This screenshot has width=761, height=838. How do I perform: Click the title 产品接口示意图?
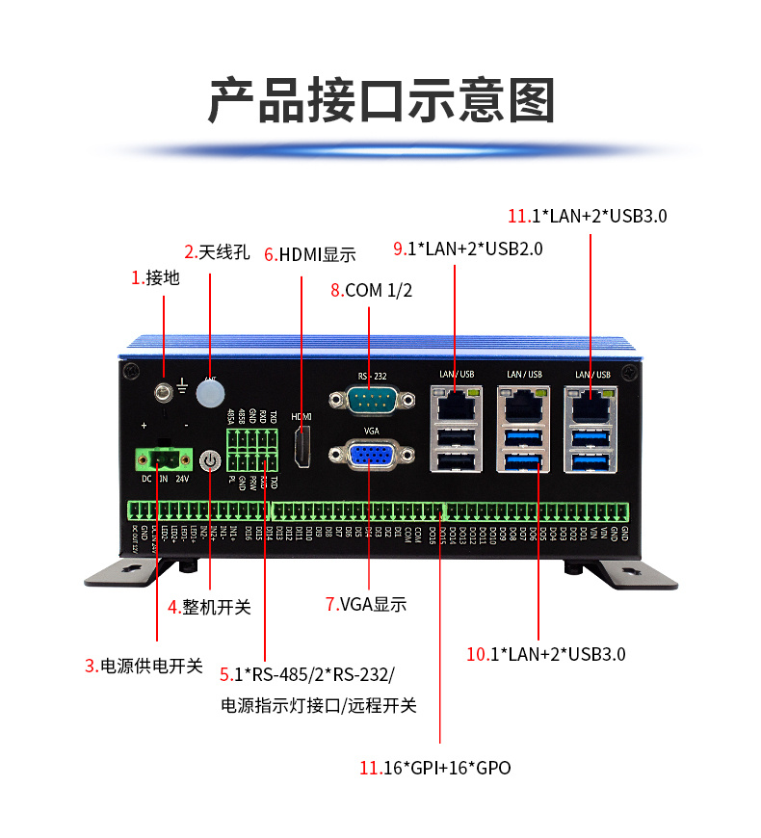pos(380,98)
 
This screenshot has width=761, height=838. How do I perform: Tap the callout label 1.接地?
pos(155,278)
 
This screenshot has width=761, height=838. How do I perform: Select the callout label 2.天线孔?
pos(217,253)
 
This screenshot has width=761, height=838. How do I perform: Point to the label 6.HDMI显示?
pos(309,254)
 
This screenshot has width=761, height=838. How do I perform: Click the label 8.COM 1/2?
pos(371,290)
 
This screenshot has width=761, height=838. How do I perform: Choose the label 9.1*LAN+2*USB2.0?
pos(468,249)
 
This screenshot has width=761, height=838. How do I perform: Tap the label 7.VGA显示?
pos(366,605)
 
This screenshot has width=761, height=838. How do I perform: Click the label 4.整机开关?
pos(209,607)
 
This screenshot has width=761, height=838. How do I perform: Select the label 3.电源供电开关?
pos(144,666)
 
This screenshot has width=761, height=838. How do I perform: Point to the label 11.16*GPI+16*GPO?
pos(434,768)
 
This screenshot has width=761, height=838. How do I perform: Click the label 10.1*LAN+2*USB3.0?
pos(546,654)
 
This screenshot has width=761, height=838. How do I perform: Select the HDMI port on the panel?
pos(302,449)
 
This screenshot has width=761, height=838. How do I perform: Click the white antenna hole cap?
pos(210,392)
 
